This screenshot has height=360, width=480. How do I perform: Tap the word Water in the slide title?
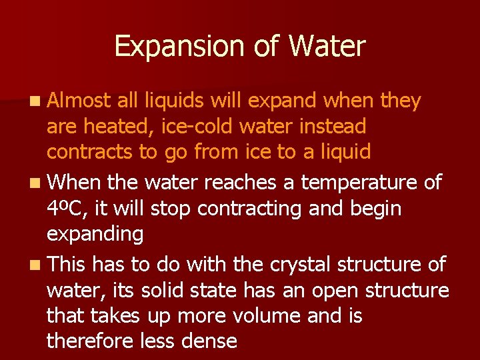click(327, 47)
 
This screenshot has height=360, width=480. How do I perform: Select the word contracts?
click(90, 152)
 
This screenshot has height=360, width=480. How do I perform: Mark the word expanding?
click(95, 234)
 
